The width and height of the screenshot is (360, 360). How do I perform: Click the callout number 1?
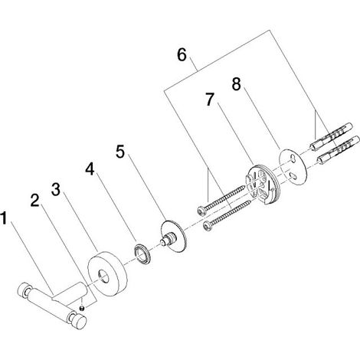[x=3, y=218]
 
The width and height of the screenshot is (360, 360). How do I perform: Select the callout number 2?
[x=35, y=200]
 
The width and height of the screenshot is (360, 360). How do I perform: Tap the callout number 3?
[x=56, y=189]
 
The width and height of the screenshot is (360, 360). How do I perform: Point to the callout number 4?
[x=90, y=169]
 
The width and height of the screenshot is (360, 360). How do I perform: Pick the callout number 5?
[x=120, y=152]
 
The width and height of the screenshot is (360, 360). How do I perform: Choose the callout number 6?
[x=182, y=55]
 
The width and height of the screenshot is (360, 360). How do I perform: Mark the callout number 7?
[x=209, y=100]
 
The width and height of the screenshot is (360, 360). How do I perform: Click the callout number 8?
[x=237, y=84]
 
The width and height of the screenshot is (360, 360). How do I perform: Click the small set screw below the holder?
[x=82, y=308]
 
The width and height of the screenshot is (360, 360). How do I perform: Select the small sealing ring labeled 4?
[x=141, y=254]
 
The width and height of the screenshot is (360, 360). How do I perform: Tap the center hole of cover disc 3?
[x=103, y=276]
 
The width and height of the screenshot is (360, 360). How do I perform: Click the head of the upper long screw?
[x=201, y=211]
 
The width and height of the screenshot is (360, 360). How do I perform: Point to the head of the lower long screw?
[x=208, y=226]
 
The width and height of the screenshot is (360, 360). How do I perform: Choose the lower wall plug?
[x=338, y=151]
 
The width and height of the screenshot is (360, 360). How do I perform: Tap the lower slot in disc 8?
[x=293, y=175]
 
